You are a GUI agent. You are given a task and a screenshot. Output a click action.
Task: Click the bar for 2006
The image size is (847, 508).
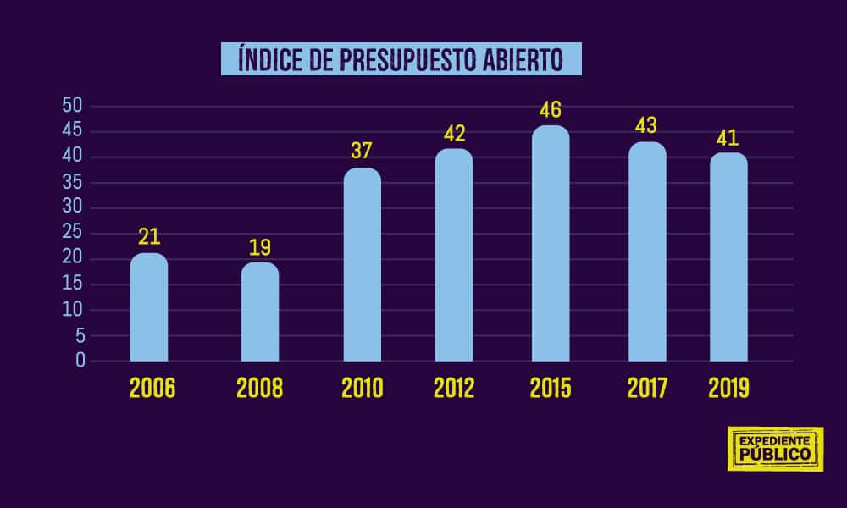pyautogui.click(x=149, y=306)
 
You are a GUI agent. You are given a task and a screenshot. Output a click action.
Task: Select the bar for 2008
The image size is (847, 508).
pyautogui.click(x=260, y=312)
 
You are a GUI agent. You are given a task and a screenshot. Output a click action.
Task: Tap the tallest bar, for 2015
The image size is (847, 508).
pyautogui.click(x=551, y=243)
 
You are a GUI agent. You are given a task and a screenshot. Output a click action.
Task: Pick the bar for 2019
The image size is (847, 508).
pyautogui.click(x=728, y=257)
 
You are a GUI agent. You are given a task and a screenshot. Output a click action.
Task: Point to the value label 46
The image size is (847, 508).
pyautogui.click(x=551, y=110)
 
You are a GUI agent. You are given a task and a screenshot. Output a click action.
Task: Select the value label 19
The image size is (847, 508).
pyautogui.click(x=260, y=247)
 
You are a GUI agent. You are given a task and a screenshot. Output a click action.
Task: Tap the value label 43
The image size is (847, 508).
pyautogui.click(x=647, y=126)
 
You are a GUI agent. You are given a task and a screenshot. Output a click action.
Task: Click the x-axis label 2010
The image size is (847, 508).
pyautogui.click(x=363, y=389)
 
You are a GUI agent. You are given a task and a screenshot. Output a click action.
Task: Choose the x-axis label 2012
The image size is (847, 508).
pyautogui.click(x=454, y=389)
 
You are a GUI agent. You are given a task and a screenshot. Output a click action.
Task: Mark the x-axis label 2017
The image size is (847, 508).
pyautogui.click(x=648, y=389)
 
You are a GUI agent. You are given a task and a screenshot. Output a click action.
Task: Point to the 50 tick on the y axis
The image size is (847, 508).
pyautogui.click(x=73, y=106)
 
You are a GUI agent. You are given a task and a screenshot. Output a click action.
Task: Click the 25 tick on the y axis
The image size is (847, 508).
pyautogui.click(x=73, y=234)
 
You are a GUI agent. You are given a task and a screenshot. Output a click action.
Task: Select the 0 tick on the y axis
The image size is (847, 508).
pyautogui.click(x=80, y=361)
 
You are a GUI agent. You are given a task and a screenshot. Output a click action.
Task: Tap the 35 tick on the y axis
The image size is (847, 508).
pyautogui.click(x=73, y=182)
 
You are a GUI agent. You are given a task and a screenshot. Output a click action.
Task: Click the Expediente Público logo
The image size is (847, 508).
pyautogui.click(x=775, y=449)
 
